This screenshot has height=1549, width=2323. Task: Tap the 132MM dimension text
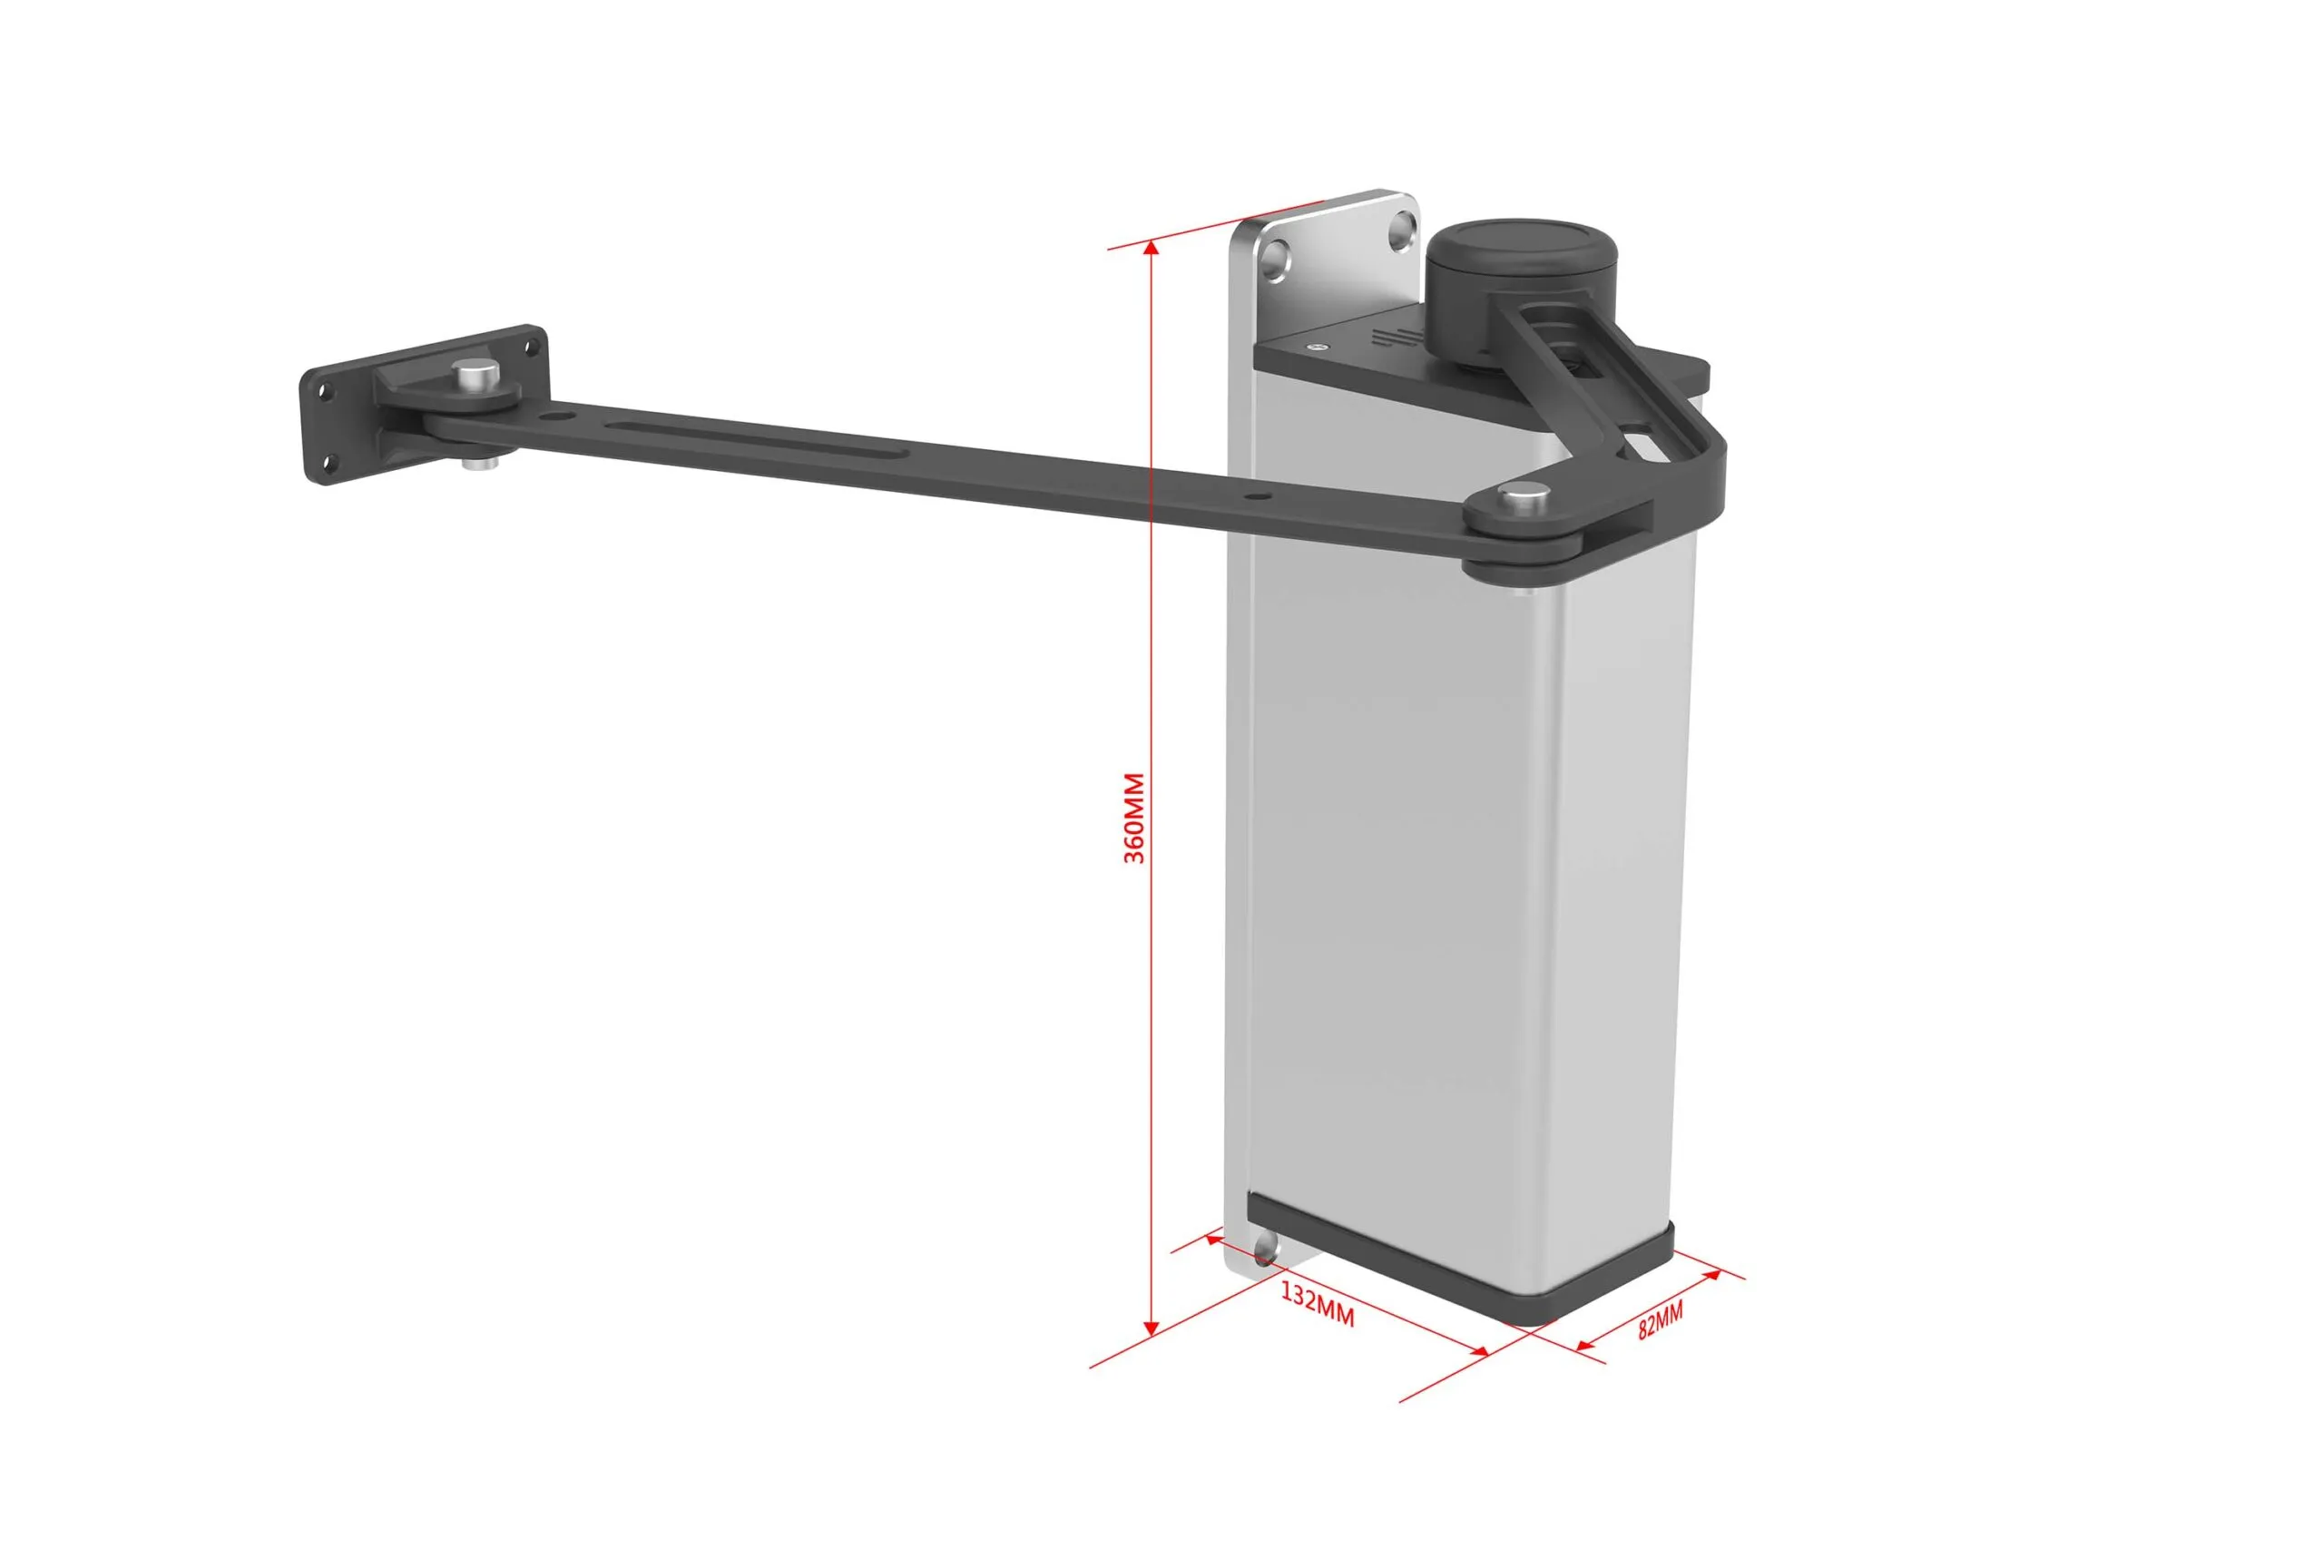(1318, 1304)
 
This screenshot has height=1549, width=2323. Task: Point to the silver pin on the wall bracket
(476, 376)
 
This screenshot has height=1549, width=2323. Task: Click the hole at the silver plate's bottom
(1265, 1256)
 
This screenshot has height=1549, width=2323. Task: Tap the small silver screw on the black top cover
(1316, 347)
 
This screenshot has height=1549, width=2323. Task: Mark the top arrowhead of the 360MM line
(1151, 249)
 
